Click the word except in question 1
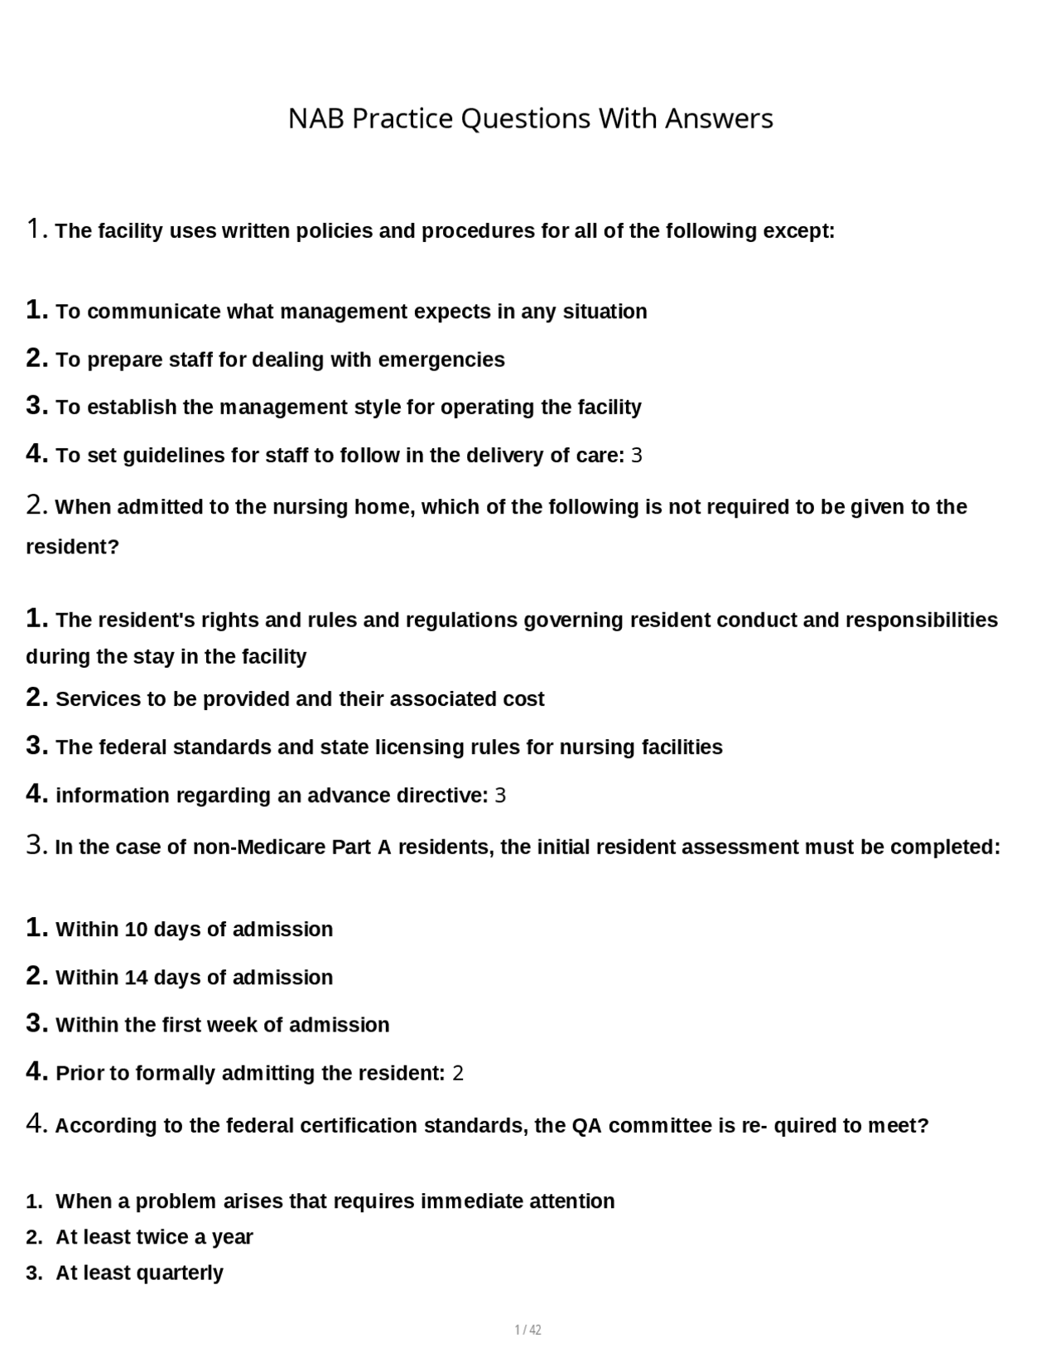pos(798,231)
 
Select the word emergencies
pos(441,360)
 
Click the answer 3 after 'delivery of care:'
pos(636,456)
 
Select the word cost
pos(523,699)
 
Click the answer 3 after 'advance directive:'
pos(499,796)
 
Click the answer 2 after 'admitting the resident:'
pos(458,1074)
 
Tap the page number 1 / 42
pos(528,1330)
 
